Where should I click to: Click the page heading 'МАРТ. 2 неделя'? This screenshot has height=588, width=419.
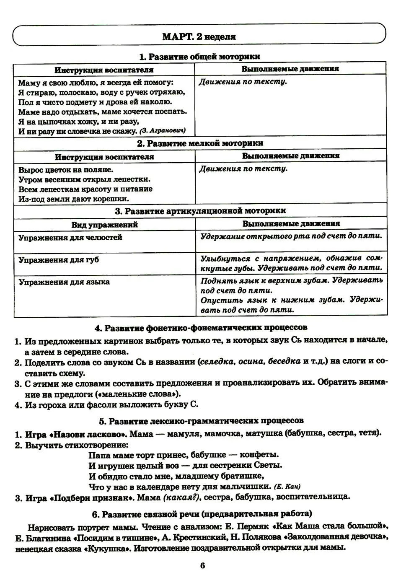(x=199, y=36)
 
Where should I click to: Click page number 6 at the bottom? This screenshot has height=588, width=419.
(x=202, y=566)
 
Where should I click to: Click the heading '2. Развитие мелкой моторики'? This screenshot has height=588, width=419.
(x=200, y=143)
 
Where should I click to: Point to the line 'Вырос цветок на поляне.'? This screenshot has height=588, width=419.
(x=66, y=170)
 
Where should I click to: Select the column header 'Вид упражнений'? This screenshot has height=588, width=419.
(x=104, y=225)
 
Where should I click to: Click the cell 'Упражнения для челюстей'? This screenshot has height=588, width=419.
(x=70, y=237)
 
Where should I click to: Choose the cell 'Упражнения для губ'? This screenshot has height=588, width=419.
(x=59, y=260)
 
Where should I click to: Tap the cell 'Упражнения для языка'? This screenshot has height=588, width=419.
(x=64, y=282)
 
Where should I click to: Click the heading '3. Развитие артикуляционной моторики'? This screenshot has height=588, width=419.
(x=200, y=211)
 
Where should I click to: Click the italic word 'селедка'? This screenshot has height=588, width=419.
(x=216, y=361)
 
